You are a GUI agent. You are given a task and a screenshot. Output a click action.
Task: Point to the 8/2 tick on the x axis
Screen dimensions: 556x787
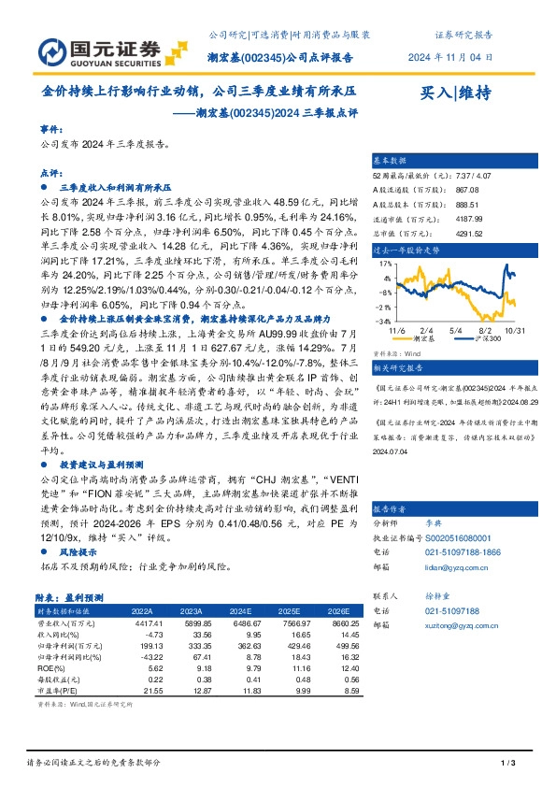click(485, 330)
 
